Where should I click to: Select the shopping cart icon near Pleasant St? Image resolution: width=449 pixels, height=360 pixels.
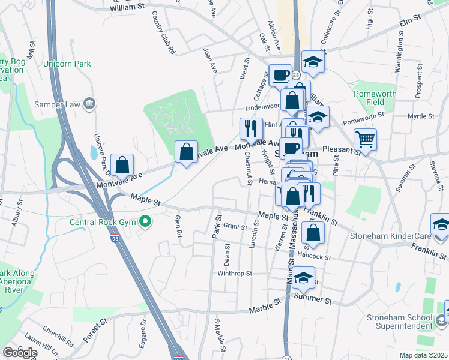coord(365,140)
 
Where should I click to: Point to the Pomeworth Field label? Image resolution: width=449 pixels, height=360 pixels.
coord(392,98)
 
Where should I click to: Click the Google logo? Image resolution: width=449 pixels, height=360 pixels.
coord(20,353)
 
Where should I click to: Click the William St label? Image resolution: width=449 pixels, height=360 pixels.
coord(128,8)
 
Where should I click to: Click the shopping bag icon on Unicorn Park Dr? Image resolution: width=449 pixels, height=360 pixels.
coord(122,165)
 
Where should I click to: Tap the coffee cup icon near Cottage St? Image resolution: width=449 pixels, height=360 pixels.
coord(280,76)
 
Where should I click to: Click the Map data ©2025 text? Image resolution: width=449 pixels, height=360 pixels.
coord(423,355)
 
